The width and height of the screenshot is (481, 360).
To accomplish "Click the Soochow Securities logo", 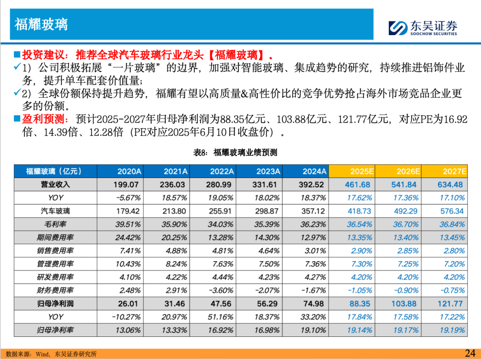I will coord(422,28).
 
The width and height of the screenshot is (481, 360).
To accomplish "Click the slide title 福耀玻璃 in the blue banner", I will coord(41,24).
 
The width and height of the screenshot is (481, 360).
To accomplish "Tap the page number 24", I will coord(470,353).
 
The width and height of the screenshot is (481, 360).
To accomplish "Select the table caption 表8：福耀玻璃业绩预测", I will coord(235,153).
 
